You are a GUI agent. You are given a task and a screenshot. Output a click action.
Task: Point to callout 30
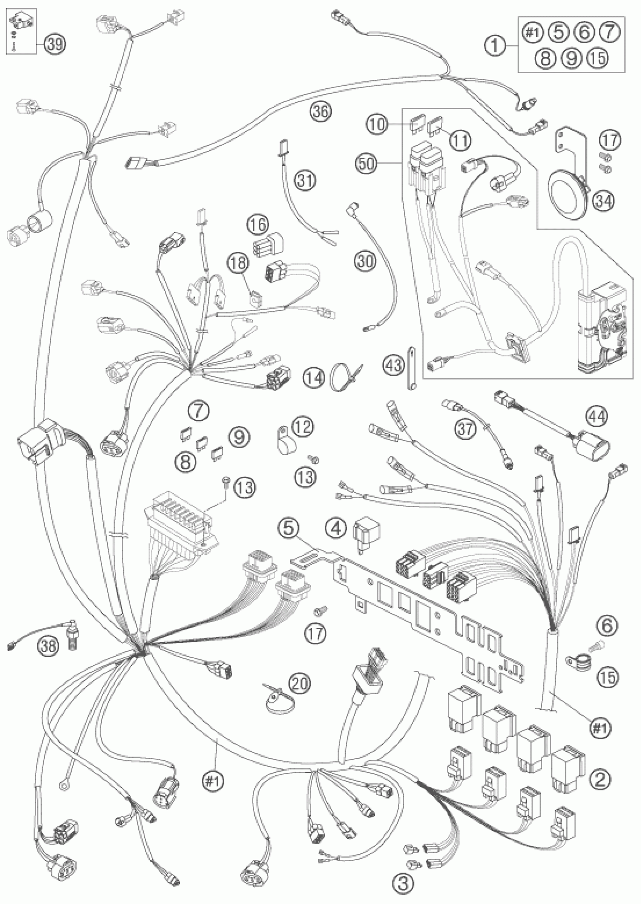coord(365,261)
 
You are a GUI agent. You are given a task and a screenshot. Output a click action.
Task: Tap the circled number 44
coord(597,416)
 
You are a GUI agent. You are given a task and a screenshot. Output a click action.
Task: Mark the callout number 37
coord(465,429)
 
